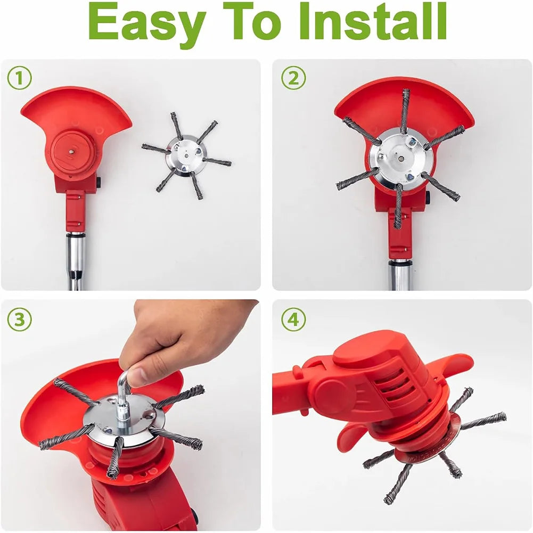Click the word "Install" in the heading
(x=373, y=21)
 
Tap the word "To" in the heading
(x=252, y=21)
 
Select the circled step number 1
(x=19, y=78)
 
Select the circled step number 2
(x=293, y=78)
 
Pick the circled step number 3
(x=19, y=319)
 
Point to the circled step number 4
(x=293, y=319)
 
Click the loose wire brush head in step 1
(x=186, y=155)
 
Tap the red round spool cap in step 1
(x=72, y=152)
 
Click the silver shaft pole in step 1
(x=76, y=261)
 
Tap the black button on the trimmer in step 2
(x=428, y=197)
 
